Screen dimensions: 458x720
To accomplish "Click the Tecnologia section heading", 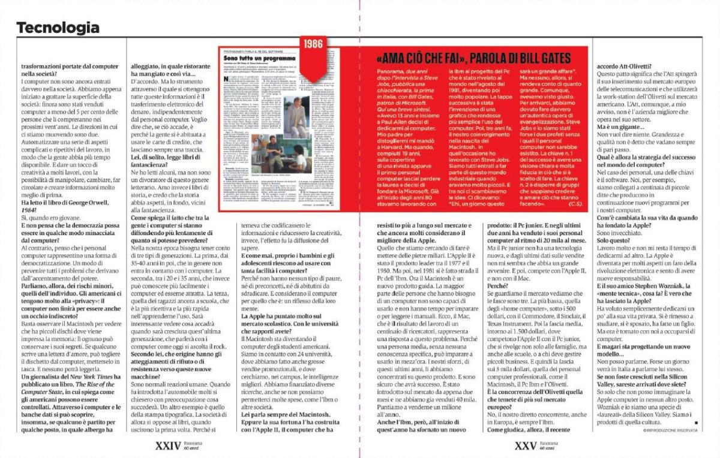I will coord(58,28).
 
